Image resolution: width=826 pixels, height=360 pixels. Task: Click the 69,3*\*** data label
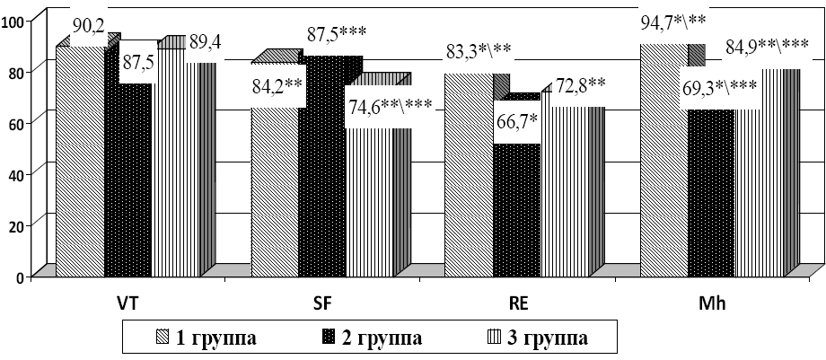(x=721, y=87)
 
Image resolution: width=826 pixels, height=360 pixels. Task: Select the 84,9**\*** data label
(x=766, y=47)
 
